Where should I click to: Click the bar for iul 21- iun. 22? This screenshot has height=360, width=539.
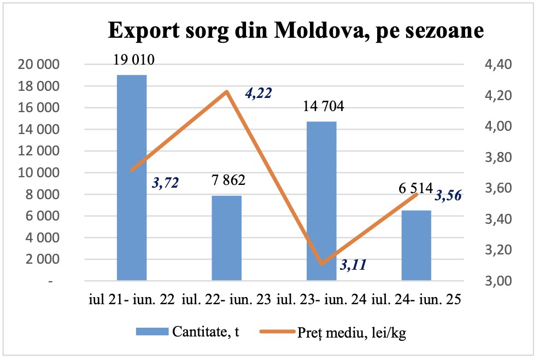click(x=132, y=178)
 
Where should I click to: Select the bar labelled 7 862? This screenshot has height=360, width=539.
click(x=227, y=238)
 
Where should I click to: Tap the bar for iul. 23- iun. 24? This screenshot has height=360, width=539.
click(x=321, y=201)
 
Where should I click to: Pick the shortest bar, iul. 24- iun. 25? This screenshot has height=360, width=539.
click(x=417, y=245)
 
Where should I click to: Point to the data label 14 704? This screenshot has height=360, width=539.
click(x=324, y=106)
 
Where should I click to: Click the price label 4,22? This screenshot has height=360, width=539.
click(x=259, y=93)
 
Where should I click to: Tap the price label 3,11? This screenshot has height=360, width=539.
click(x=353, y=265)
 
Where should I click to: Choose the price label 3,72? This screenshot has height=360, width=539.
click(x=164, y=182)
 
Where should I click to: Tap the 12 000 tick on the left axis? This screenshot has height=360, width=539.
click(x=38, y=152)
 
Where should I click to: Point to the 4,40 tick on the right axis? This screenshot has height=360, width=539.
click(x=496, y=65)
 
